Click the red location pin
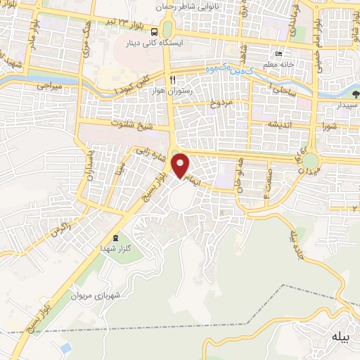pyautogui.click(x=181, y=166)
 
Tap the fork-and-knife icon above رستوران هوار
pyautogui.click(x=173, y=79)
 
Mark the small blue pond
pyautogui.click(x=65, y=348)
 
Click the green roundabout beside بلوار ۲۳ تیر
pyautogui.click(x=167, y=29)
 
